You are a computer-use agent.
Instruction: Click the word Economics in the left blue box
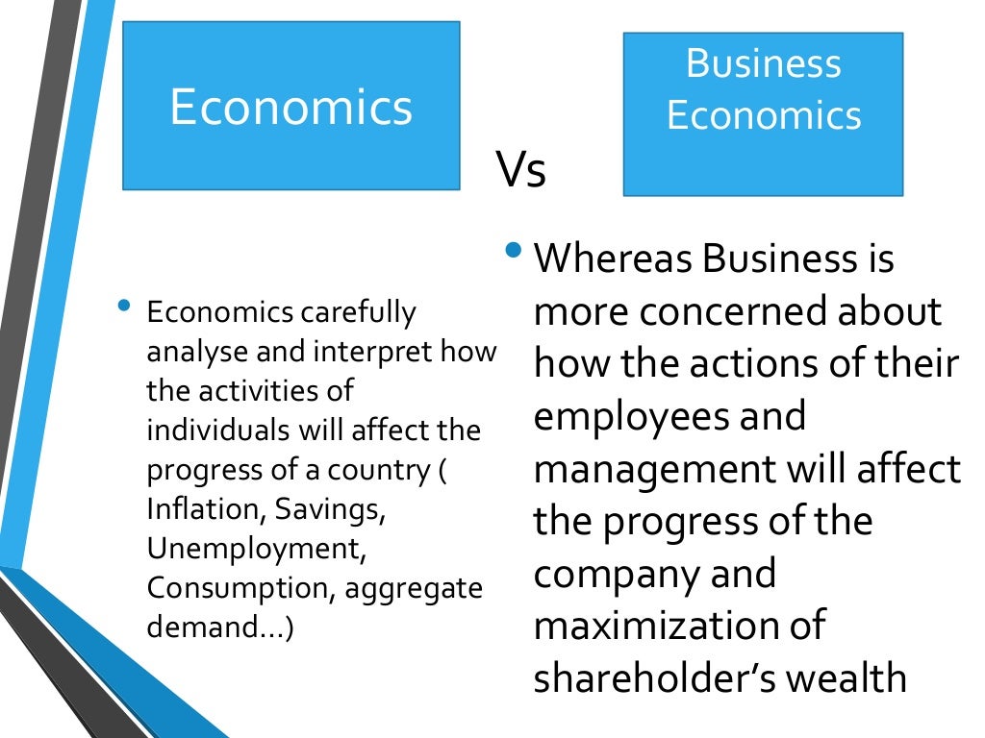click(290, 107)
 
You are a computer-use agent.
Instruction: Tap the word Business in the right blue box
click(763, 63)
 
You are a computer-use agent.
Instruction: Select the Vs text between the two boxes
click(521, 170)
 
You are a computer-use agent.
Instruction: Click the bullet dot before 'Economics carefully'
click(122, 307)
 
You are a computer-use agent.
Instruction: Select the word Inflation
click(190, 510)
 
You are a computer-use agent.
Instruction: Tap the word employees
click(636, 416)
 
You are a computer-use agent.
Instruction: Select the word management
click(654, 469)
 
